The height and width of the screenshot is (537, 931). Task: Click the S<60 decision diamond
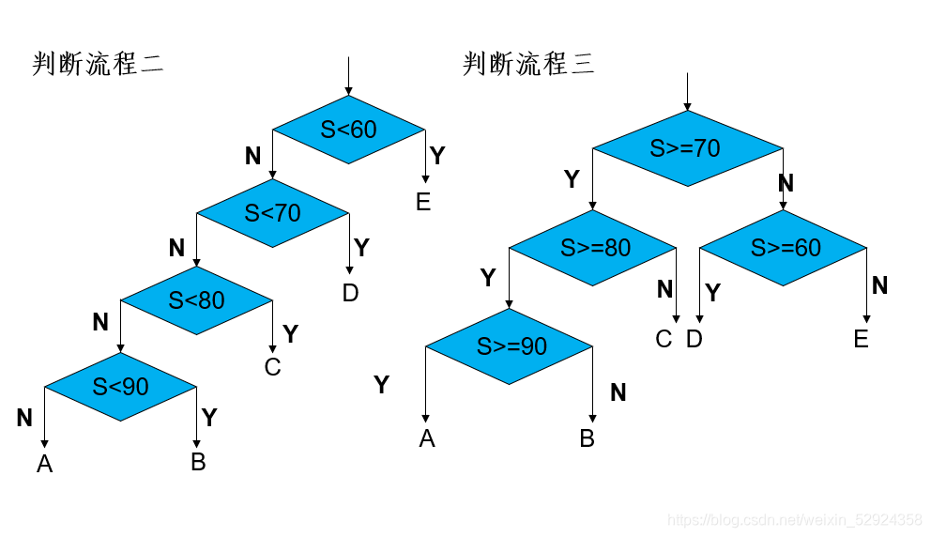pyautogui.click(x=348, y=130)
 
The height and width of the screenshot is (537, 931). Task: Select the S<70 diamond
pyautogui.click(x=272, y=213)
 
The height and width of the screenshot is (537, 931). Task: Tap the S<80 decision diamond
pyautogui.click(x=196, y=300)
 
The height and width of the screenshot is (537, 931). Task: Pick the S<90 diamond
pyautogui.click(x=120, y=386)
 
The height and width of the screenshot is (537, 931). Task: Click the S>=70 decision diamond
pyautogui.click(x=686, y=148)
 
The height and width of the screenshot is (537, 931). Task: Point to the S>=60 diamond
pyautogui.click(x=784, y=248)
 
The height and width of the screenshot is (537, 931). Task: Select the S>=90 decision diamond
pyautogui.click(x=510, y=346)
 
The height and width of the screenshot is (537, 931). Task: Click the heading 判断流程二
pyautogui.click(x=99, y=64)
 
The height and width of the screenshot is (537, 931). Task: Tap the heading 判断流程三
pyautogui.click(x=528, y=64)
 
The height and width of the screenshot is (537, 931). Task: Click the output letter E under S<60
pyautogui.click(x=423, y=202)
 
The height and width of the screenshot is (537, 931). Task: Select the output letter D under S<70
pyautogui.click(x=350, y=293)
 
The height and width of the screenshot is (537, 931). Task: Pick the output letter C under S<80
pyautogui.click(x=272, y=366)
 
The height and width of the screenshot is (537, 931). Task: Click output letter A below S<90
pyautogui.click(x=44, y=463)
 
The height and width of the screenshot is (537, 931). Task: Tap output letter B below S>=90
pyautogui.click(x=588, y=438)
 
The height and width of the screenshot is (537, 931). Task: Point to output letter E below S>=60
pyautogui.click(x=862, y=339)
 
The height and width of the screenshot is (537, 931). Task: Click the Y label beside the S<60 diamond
pyautogui.click(x=437, y=155)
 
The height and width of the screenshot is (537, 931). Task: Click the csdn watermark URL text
pyautogui.click(x=794, y=519)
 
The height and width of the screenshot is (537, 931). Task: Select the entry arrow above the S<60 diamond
pyautogui.click(x=348, y=75)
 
